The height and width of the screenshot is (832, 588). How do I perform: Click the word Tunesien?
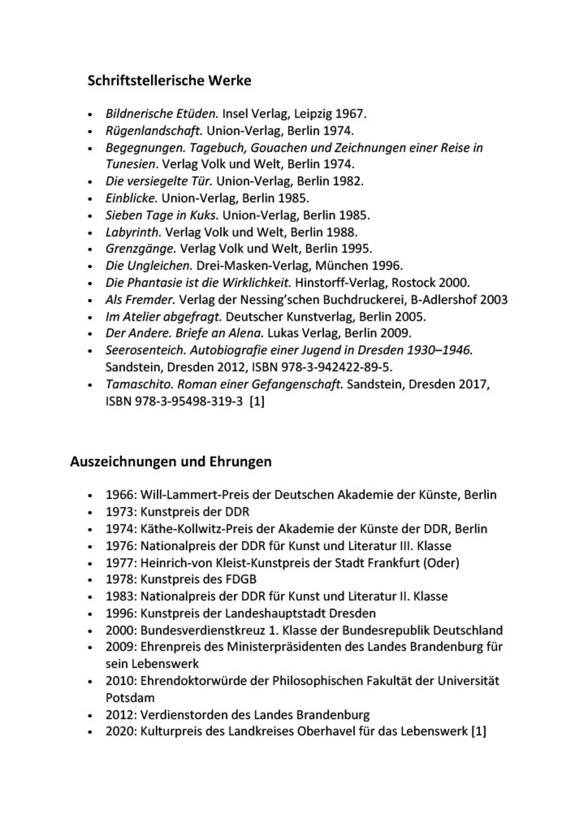(x=132, y=164)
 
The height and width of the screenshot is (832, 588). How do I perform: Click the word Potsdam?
(x=130, y=697)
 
